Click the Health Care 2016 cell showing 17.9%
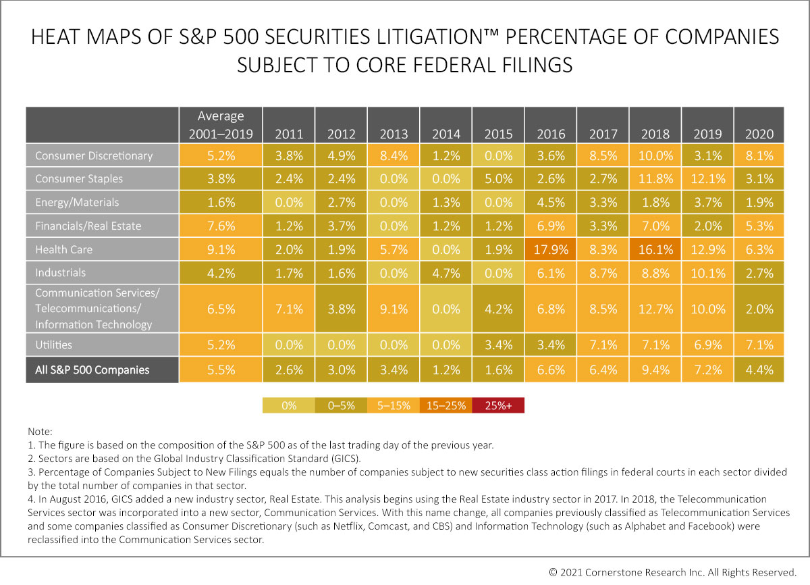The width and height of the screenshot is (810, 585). point(551,249)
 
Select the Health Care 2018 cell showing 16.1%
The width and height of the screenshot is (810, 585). point(655,249)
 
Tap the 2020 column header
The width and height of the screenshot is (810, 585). point(759,134)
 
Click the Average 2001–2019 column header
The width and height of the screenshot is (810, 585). point(221,125)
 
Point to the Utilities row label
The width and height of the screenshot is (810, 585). point(53,345)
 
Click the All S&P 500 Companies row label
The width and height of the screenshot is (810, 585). point(92,370)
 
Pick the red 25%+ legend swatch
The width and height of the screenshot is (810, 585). point(498,405)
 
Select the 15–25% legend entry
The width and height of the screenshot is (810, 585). point(446,405)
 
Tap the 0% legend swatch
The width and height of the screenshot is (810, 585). point(288,405)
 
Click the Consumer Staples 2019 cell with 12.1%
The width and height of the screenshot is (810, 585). point(707,179)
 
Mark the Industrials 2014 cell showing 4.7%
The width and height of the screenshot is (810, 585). point(446,273)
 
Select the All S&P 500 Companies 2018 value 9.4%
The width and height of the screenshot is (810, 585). point(655,370)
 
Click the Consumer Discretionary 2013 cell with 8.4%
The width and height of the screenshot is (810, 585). point(394,155)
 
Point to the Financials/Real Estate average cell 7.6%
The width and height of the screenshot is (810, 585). point(221,226)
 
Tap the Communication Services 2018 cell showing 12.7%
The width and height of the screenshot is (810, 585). point(655,309)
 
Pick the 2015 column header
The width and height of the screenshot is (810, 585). point(498,134)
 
